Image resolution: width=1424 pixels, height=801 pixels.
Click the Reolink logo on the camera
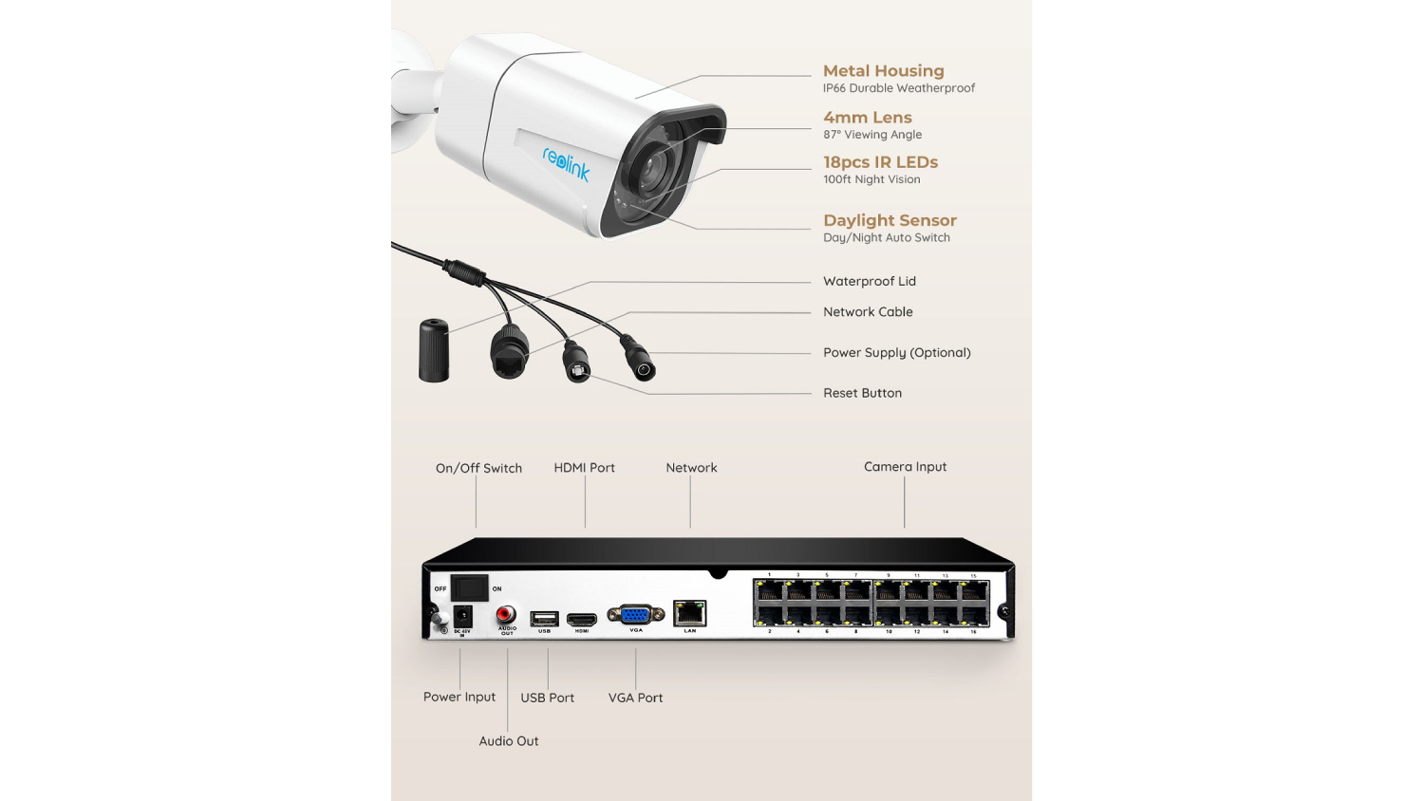coord(567,163)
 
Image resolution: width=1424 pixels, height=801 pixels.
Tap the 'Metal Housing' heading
coord(883,71)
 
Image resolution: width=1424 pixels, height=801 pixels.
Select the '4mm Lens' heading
coord(867,118)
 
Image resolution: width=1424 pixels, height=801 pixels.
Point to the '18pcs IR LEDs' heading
coord(880,162)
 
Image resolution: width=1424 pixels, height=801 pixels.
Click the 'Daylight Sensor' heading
coord(890,220)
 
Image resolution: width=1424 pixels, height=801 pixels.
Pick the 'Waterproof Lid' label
coord(869,281)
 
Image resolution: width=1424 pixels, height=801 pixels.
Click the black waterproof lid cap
coord(434,351)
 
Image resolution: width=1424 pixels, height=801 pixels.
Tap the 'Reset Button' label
coord(862,393)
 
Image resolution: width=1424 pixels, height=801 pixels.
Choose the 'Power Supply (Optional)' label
coord(896,352)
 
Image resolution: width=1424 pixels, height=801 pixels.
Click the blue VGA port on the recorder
coord(635,615)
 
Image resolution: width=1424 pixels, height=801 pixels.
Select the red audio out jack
coord(506,614)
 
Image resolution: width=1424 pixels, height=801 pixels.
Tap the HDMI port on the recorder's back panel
coord(582,620)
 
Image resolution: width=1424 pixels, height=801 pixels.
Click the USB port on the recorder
coord(544,619)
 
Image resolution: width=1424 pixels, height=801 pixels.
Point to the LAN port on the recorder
coord(689,613)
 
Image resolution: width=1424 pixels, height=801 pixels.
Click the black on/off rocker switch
coord(469,587)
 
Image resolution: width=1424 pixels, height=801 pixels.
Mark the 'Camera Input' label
coord(905,467)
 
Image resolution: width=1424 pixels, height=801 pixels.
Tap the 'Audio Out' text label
coord(508,741)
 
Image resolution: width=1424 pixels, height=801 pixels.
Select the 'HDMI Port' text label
coord(584,468)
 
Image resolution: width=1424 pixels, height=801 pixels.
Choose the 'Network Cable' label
coord(868,312)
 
